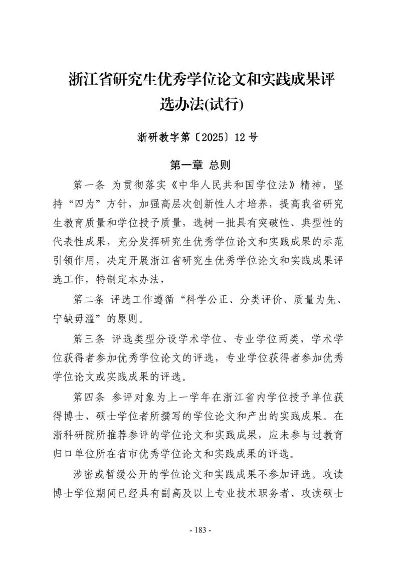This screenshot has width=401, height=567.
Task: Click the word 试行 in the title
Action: [x=227, y=105]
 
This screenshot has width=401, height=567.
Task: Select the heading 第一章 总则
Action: [x=200, y=165]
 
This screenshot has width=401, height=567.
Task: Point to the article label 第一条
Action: [x=88, y=185]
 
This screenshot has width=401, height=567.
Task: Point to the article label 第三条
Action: [x=88, y=338]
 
